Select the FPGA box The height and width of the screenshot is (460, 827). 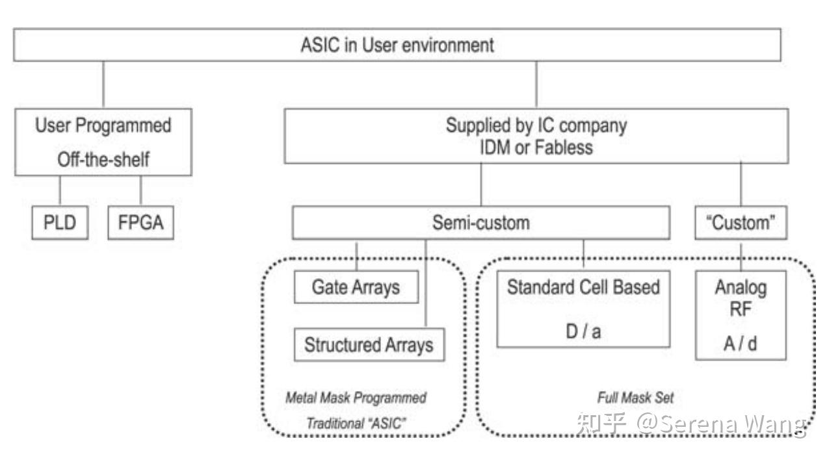click(140, 223)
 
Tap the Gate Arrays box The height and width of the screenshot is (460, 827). click(356, 287)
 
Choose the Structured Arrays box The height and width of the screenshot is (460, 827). click(369, 344)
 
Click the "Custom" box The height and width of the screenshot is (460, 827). click(741, 223)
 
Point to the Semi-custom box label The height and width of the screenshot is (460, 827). click(480, 223)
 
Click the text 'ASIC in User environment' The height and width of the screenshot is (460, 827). click(397, 45)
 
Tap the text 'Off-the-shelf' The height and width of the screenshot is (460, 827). click(103, 159)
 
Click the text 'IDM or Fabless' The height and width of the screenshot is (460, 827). click(536, 147)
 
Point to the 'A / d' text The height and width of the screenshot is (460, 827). click(741, 343)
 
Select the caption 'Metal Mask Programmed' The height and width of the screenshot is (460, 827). click(356, 397)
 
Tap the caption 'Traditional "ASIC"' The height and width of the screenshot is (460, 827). click(356, 423)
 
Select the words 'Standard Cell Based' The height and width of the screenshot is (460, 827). click(583, 287)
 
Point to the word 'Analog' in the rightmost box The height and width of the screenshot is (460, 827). click(741, 287)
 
